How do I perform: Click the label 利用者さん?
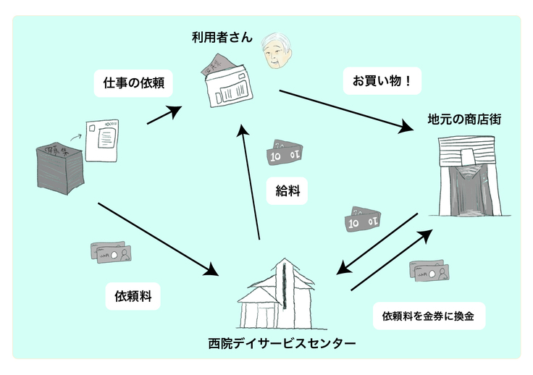[x=222, y=38]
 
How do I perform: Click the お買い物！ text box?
[x=382, y=81]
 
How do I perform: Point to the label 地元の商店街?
[x=464, y=118]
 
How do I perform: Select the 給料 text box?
[x=288, y=191]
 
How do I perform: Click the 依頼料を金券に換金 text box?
[x=428, y=316]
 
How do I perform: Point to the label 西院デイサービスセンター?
[x=281, y=342]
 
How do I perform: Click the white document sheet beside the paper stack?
[x=103, y=140]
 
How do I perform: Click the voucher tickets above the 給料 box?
[x=286, y=152]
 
